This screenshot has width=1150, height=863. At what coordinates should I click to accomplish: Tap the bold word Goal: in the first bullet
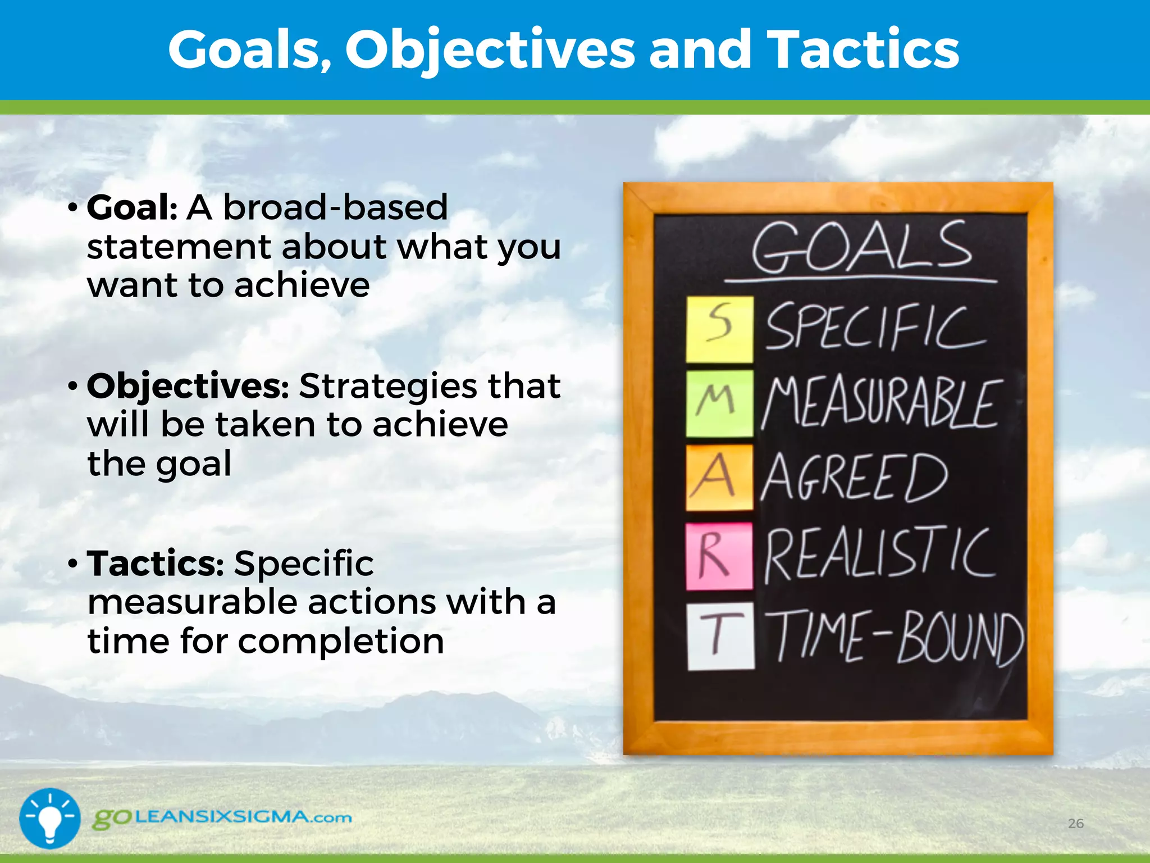coord(132,207)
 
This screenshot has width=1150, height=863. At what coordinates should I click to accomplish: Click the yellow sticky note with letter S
coord(719,329)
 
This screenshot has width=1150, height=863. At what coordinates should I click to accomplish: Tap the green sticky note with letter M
coord(719,403)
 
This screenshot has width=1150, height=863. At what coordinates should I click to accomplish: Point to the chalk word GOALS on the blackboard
coord(862,247)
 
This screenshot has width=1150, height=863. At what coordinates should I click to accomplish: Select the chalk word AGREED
coord(854,478)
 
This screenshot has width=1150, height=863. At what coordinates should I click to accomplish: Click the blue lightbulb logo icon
coord(50,818)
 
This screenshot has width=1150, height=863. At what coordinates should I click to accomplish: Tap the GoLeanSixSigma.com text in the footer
coord(222,817)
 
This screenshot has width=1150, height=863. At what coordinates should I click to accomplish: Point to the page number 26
coord(1075,824)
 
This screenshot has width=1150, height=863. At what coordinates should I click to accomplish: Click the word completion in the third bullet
coord(341,641)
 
